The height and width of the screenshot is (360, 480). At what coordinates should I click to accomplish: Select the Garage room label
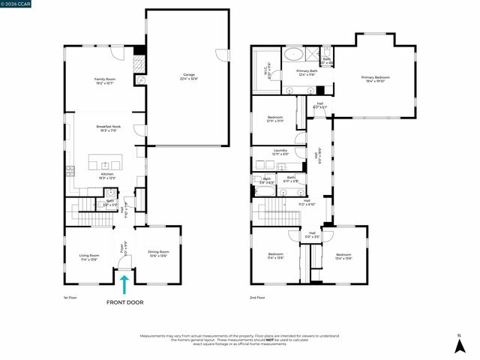point(188,76)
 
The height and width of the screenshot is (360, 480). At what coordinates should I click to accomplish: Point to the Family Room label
point(104,80)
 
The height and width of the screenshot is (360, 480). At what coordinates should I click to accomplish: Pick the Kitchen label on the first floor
point(108,175)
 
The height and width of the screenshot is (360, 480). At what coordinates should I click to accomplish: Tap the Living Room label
point(89,257)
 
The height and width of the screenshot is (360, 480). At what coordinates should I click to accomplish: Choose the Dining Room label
point(159,253)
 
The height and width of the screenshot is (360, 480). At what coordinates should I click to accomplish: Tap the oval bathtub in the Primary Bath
point(292,55)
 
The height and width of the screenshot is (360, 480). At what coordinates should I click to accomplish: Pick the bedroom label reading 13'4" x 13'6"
point(343,256)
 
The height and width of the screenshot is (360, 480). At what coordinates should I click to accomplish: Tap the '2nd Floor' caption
point(257,297)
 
